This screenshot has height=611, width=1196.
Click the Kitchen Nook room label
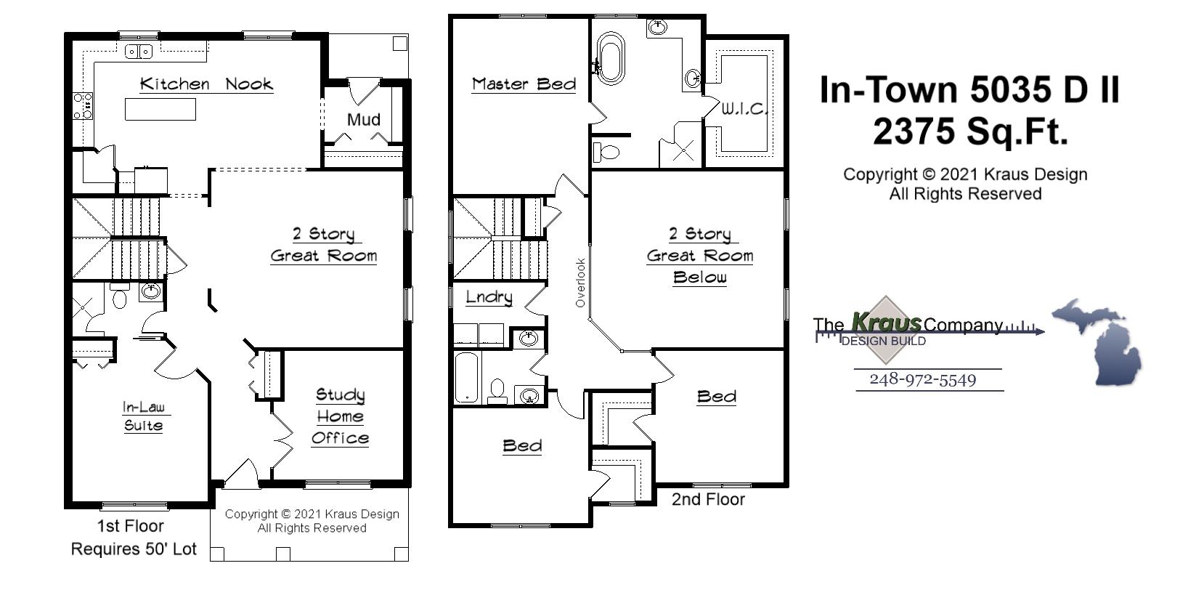[206, 84]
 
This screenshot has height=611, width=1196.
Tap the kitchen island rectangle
[160, 109]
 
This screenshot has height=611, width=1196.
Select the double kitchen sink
[138, 51]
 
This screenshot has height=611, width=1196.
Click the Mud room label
[363, 119]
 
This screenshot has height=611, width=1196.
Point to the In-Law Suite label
[143, 416]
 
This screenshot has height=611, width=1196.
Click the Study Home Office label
[340, 416]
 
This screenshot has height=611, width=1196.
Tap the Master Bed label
[524, 84]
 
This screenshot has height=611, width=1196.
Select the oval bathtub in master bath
[610, 57]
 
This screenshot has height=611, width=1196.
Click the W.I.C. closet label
[744, 110]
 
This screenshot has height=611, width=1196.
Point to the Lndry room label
[489, 297]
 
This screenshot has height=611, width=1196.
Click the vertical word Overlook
[580, 283]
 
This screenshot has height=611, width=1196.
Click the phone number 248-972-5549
[922, 379]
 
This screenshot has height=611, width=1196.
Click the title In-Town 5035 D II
[969, 90]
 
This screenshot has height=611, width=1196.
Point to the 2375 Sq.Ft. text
[970, 132]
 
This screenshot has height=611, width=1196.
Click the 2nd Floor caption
[708, 499]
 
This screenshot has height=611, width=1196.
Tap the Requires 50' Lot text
[134, 549]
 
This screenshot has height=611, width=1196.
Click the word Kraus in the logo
[886, 322]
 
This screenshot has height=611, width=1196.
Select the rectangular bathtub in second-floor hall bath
[468, 377]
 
